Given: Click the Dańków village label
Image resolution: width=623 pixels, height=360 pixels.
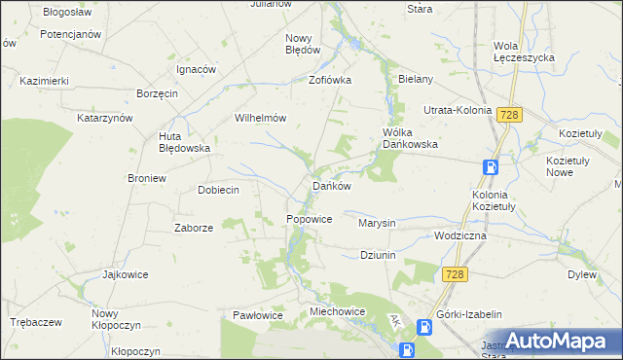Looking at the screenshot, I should point(330,185).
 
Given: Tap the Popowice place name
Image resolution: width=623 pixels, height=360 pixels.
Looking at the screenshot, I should point(310,220).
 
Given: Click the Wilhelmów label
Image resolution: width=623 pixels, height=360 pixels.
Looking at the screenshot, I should point(259,118).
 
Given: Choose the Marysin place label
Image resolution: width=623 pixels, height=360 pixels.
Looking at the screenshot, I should point(377,223).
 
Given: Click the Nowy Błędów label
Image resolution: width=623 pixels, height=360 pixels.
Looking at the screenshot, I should point(303,44).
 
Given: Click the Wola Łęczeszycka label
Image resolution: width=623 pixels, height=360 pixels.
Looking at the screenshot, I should point(524,52).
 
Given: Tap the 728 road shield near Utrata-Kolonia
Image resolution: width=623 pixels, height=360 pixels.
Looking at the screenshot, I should point(508,115).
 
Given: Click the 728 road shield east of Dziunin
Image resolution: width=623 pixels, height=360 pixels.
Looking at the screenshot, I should point(455,275).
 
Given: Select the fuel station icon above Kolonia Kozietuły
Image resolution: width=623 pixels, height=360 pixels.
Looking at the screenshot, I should point(492,166).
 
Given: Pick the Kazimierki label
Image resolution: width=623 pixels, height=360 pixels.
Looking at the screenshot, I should point(43,81).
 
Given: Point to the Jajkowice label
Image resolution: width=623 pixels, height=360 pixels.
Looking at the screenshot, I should point(125,274).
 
